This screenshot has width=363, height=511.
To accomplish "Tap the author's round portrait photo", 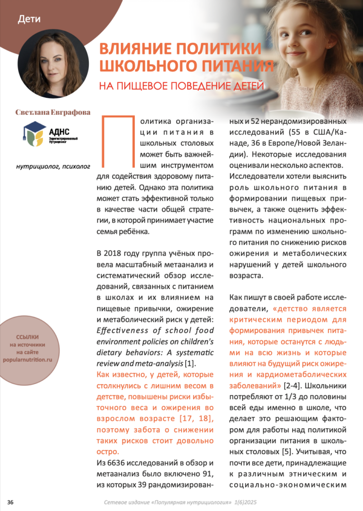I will (53, 63).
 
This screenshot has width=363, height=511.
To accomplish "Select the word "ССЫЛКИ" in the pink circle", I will (34, 337).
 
